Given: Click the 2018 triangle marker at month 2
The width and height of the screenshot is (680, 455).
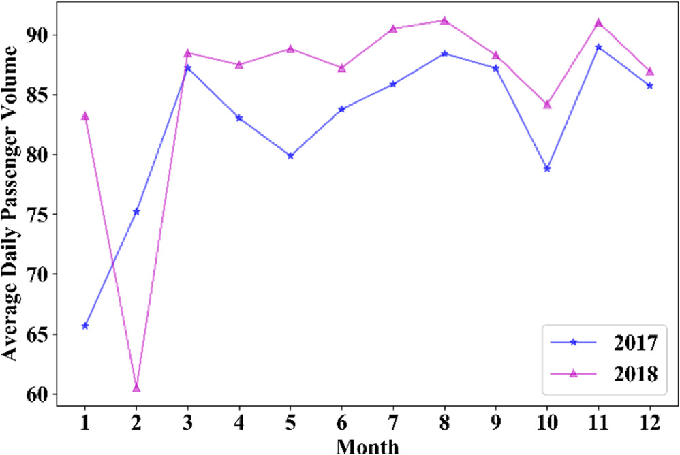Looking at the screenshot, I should tap(136, 388).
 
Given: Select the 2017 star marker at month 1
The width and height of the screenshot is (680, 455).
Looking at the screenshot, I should tap(85, 326).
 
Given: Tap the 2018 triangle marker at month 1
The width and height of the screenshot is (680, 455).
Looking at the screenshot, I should tap(85, 116).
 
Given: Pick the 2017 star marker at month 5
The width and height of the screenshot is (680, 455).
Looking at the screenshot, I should tap(290, 155).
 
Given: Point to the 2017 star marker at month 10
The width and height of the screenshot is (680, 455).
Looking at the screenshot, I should tap(547, 168).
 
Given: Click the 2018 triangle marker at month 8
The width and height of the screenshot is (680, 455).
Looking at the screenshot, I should tap(444, 20).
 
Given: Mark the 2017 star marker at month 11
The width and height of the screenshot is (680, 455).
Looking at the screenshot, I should tap(598, 47).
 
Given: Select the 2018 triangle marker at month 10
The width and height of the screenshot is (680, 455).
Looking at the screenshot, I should tap(547, 104).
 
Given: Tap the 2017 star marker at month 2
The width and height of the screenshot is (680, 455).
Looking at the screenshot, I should tap(136, 212).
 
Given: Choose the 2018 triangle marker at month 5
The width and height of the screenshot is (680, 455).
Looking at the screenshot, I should tap(290, 48).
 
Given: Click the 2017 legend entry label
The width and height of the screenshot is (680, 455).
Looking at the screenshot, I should tap(634, 342).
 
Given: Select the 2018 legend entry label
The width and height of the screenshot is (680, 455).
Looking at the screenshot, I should tap(634, 373).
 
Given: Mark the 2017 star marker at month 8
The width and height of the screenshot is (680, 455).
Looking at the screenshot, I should tap(444, 53).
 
